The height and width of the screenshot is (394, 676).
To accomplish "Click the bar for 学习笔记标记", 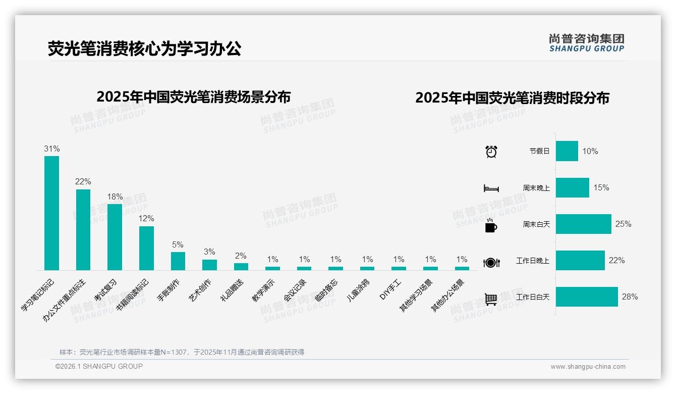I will click(x=51, y=213).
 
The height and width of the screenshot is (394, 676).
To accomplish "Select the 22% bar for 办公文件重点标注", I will click(x=83, y=229).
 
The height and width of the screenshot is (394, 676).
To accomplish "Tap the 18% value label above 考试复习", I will click(x=115, y=196).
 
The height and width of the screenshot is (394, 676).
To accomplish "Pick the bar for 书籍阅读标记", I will click(x=146, y=248).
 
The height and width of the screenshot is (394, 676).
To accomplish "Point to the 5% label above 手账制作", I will click(x=178, y=244).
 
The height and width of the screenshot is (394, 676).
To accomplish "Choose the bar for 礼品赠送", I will click(x=241, y=266).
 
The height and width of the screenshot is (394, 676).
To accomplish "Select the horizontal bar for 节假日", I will click(x=567, y=151).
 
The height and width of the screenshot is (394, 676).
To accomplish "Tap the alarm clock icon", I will click(x=491, y=151).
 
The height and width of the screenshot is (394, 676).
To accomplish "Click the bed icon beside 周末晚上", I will click(x=491, y=188).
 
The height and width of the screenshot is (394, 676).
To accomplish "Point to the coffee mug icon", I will click(x=491, y=225).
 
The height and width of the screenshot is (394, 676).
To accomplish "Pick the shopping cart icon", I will click(x=491, y=299).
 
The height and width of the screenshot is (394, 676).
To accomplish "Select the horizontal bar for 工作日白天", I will click(x=587, y=297).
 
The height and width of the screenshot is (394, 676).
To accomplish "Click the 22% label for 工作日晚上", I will click(x=616, y=261).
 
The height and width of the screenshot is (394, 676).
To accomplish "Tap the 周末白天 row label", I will click(x=536, y=224).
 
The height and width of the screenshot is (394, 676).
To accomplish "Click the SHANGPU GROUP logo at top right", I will click(x=586, y=43).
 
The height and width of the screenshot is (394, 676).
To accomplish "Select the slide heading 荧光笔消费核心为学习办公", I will click(x=145, y=48).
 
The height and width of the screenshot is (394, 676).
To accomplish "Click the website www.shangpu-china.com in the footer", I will click(x=588, y=367).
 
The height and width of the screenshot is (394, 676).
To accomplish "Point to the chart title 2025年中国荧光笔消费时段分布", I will click(x=512, y=97).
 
